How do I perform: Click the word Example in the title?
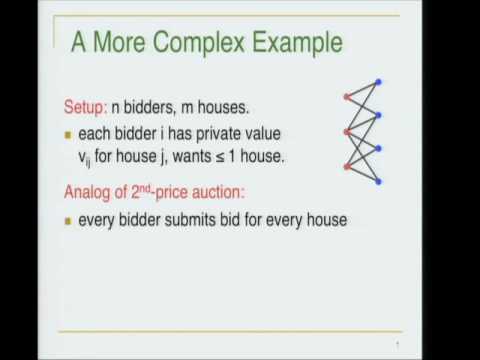tap(295, 43)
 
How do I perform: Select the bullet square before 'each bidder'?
tap(69, 134)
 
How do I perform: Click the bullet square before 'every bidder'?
tap(69, 220)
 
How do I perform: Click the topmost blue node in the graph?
tap(378, 82)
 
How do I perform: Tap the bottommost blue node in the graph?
tap(378, 182)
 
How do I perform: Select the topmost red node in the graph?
tap(346, 97)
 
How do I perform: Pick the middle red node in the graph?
tap(346, 131)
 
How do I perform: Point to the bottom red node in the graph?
tap(346, 165)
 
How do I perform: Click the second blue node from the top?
tap(378, 115)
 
